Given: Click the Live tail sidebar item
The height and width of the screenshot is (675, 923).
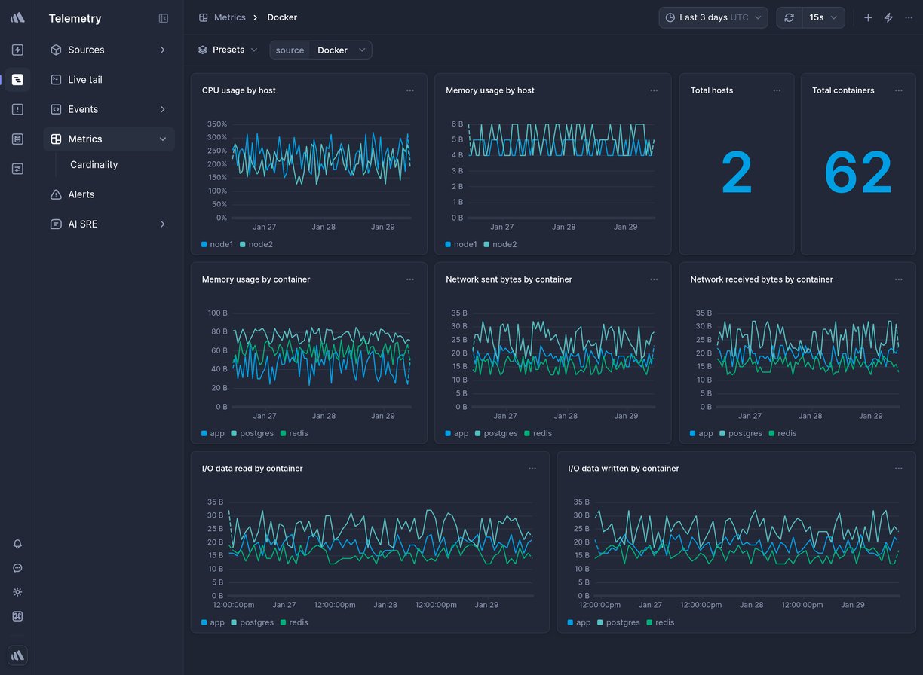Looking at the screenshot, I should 84,80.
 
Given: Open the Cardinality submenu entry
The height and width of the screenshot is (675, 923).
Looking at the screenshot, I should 94,165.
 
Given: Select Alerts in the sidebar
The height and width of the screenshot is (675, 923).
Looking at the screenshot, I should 81,194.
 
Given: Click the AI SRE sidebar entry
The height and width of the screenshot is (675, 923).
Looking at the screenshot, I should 82,224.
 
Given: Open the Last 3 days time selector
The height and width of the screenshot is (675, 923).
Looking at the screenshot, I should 713,17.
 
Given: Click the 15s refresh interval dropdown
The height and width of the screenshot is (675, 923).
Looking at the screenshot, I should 823,17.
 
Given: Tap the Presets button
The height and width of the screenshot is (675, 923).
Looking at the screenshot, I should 228,50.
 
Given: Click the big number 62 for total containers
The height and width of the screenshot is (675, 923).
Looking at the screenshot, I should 857,173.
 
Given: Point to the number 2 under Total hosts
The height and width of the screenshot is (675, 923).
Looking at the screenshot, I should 736,173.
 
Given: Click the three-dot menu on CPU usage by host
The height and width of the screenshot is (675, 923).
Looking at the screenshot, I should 410,90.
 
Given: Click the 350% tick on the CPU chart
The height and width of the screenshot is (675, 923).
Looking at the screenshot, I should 216,124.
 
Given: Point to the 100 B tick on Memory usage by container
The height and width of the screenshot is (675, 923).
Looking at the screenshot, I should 217,313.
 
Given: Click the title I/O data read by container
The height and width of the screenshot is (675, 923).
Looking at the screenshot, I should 252,469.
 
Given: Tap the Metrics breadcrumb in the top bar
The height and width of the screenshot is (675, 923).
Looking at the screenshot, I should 229,17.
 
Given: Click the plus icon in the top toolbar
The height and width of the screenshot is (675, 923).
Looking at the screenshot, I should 868,17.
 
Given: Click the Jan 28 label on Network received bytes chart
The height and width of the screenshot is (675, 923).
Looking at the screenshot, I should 810,416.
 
